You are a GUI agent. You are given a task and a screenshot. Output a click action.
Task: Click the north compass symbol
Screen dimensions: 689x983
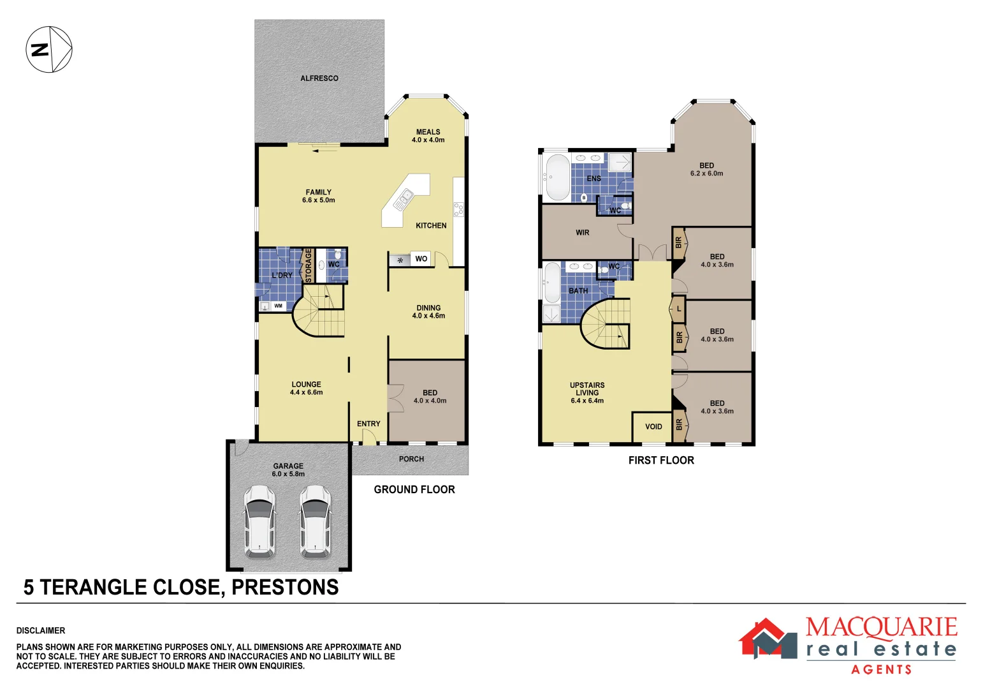tap(49, 50)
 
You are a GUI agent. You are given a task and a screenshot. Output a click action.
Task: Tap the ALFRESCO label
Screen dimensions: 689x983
tap(319, 78)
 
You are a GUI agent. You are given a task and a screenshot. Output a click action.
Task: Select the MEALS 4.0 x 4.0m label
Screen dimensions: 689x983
tap(428, 136)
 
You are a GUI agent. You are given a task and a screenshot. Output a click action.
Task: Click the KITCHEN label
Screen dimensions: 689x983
tap(431, 226)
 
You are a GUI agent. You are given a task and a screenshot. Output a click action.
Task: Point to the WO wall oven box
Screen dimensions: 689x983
tap(421, 259)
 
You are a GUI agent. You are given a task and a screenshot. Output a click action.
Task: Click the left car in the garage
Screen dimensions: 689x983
tap(259, 521)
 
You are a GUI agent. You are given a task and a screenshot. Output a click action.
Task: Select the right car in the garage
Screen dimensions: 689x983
tap(315, 521)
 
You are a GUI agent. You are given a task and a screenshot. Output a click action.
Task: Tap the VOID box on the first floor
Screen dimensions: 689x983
tap(653, 427)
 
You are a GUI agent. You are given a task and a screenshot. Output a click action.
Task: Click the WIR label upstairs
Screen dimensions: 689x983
tap(583, 233)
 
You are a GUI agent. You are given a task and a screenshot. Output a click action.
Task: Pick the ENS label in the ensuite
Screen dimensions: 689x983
tap(593, 179)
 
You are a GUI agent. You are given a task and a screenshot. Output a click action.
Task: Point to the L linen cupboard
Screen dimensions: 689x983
tap(679, 309)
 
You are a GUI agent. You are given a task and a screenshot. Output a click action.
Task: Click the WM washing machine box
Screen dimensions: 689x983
tap(278, 306)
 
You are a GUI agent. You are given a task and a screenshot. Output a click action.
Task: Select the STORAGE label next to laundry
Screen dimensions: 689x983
tap(309, 265)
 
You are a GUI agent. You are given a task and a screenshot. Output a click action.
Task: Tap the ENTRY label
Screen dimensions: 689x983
tap(368, 424)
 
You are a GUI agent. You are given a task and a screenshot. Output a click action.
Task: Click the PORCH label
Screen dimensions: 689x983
tap(411, 459)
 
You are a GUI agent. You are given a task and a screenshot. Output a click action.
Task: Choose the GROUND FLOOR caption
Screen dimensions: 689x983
tap(414, 489)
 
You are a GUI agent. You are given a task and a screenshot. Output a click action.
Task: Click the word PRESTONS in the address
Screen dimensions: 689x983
tap(285, 587)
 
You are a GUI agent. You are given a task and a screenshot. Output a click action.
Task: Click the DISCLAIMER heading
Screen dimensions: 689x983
tap(41, 630)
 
